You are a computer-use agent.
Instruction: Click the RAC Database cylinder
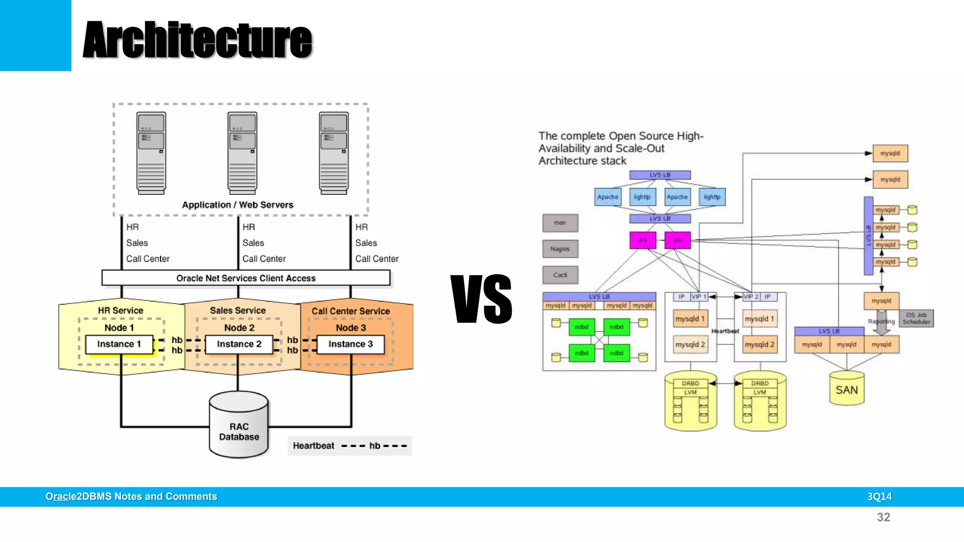point(239,426)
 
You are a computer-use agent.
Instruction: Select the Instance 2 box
point(239,344)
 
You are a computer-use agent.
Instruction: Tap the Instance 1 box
point(119,344)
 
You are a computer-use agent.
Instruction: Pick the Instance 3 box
point(350,344)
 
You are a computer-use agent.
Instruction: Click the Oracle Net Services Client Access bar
point(246,278)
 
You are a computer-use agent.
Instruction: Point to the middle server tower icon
point(242,153)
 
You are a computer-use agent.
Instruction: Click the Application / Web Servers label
point(238,205)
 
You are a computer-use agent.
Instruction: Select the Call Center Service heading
point(351,311)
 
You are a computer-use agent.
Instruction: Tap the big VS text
point(481,299)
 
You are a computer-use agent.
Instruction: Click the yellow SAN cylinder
point(846,389)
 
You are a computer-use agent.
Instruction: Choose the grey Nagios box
point(560,249)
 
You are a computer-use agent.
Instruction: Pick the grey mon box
point(560,223)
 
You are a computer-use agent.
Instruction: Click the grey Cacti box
point(560,275)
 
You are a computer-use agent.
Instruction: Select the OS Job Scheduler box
point(916,319)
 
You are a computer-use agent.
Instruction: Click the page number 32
point(883,517)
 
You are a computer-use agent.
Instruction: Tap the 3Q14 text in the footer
point(879,496)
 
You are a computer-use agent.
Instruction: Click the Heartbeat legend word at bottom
point(313,446)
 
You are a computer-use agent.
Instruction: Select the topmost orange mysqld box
point(890,153)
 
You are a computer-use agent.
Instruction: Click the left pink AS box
point(643,240)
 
